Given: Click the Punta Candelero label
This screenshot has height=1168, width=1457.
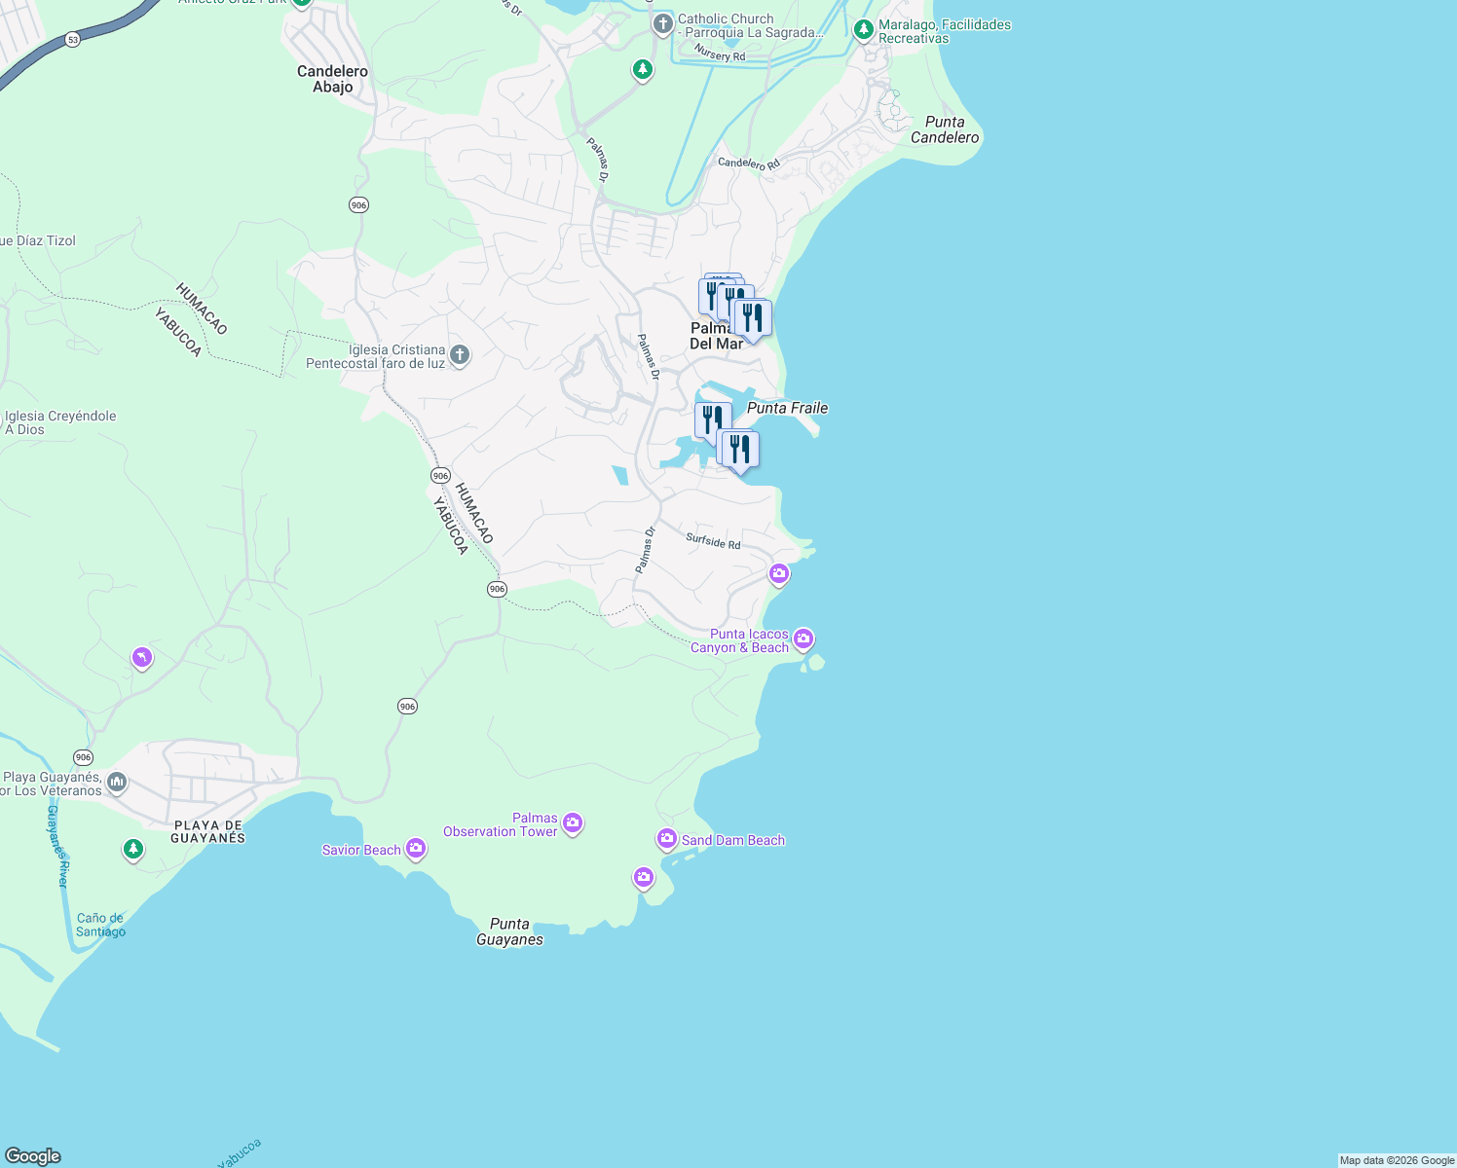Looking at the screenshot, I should pyautogui.click(x=944, y=129).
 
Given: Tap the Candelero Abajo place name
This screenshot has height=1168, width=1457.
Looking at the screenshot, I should pyautogui.click(x=332, y=79).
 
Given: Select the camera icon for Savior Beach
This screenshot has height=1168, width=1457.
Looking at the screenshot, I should pyautogui.click(x=416, y=850).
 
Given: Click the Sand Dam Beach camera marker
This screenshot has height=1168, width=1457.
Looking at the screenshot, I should pyautogui.click(x=666, y=839).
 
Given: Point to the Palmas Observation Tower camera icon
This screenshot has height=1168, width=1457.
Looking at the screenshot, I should pyautogui.click(x=573, y=824).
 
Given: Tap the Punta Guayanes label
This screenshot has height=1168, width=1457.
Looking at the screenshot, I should pyautogui.click(x=509, y=931).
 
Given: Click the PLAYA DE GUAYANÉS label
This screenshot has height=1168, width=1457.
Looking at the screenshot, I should pyautogui.click(x=207, y=831).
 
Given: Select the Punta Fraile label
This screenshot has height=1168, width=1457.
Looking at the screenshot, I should pyautogui.click(x=787, y=408).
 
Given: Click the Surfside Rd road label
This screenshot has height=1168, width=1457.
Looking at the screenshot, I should pyautogui.click(x=713, y=541).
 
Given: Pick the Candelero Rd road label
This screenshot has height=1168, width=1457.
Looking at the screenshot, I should pyautogui.click(x=749, y=164).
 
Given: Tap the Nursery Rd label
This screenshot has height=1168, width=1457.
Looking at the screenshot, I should pyautogui.click(x=720, y=55).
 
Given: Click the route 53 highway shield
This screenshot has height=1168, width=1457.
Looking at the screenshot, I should pyautogui.click(x=73, y=40).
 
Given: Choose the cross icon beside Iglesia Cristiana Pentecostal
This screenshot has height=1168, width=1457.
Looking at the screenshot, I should pyautogui.click(x=460, y=356).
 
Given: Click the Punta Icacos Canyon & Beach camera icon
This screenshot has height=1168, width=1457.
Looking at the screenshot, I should pyautogui.click(x=803, y=639).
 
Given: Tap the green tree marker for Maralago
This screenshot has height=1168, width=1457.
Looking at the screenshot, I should pyautogui.click(x=863, y=31).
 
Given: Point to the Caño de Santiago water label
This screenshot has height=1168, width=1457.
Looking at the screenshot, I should pyautogui.click(x=100, y=925).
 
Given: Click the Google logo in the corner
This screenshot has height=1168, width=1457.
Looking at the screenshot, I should pyautogui.click(x=32, y=1155).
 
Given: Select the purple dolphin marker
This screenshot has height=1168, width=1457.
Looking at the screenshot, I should pyautogui.click(x=142, y=659).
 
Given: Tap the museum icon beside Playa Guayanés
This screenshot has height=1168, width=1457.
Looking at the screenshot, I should pyautogui.click(x=117, y=783).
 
